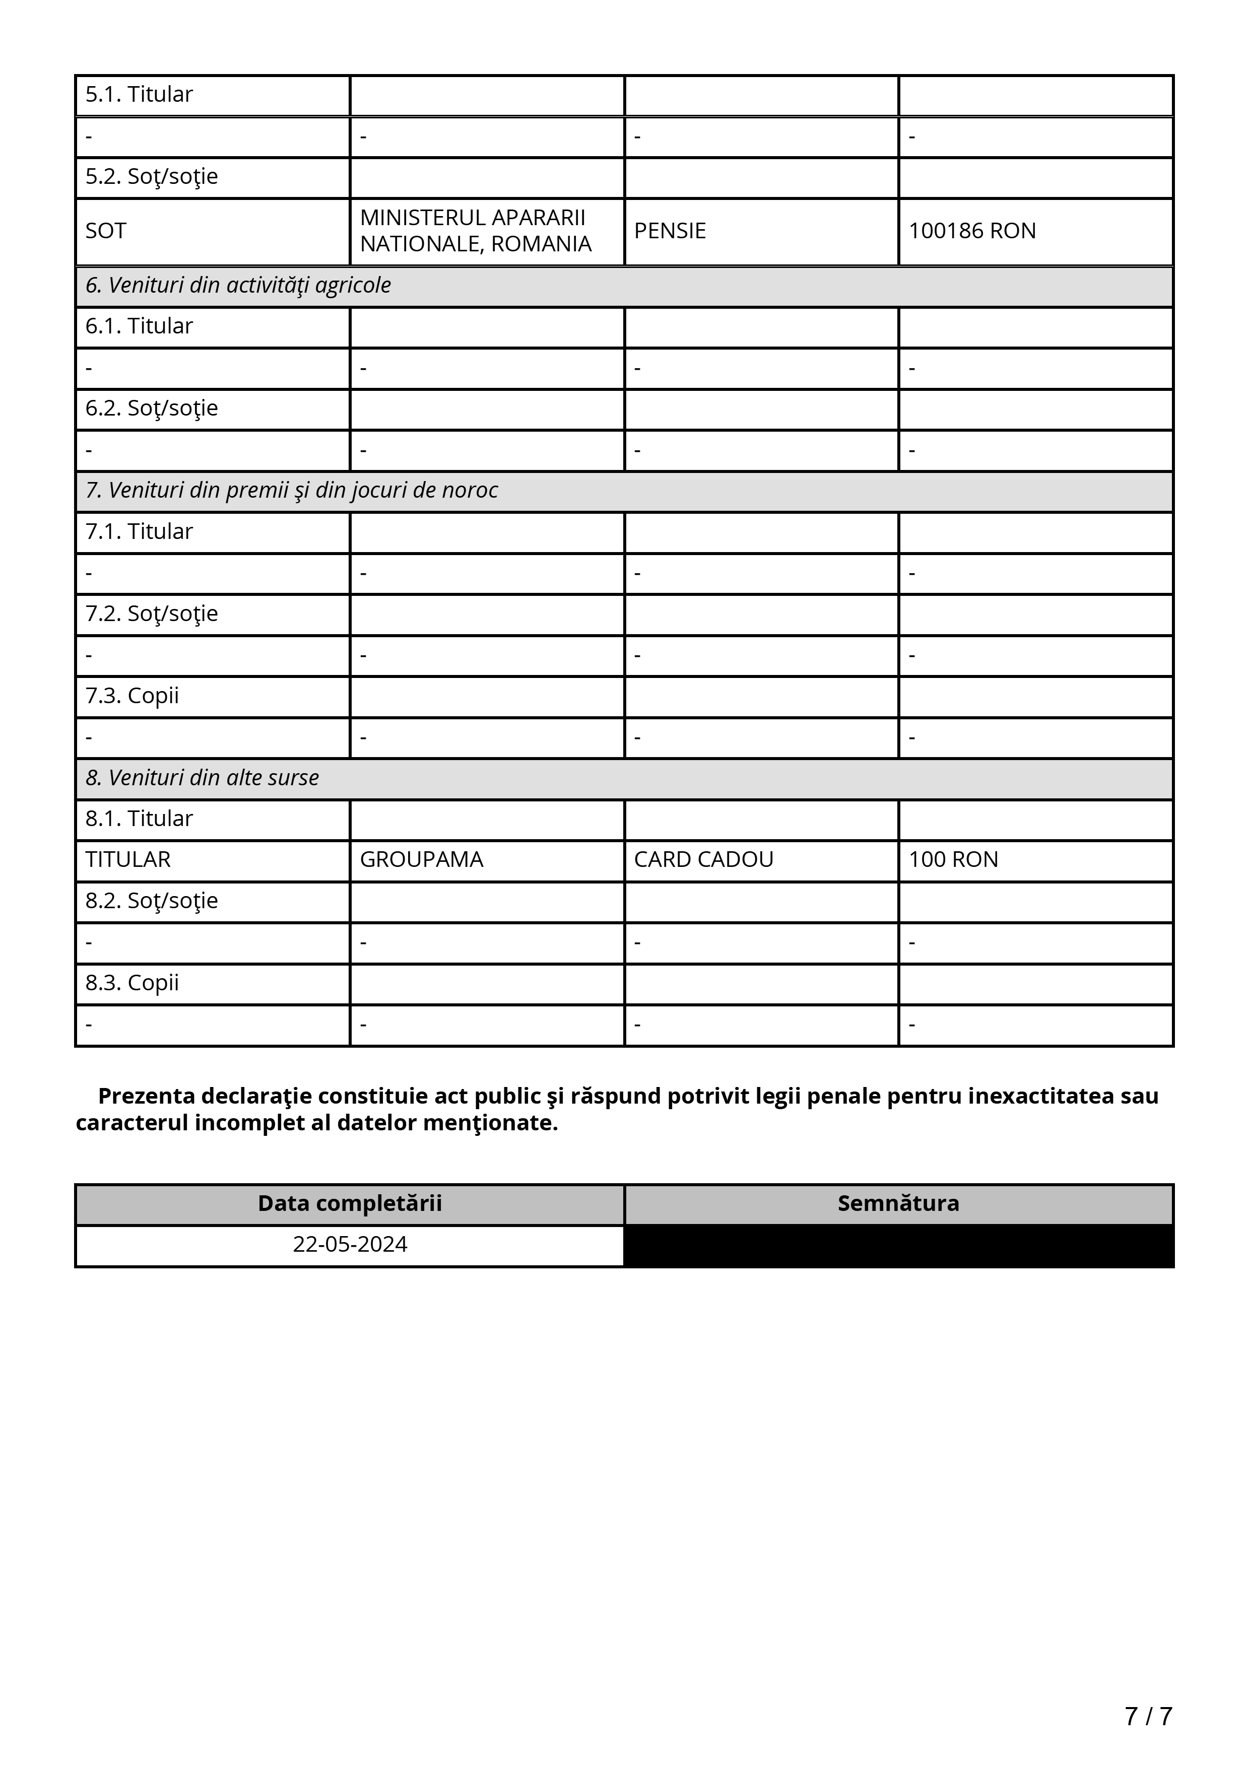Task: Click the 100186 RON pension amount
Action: pos(971,231)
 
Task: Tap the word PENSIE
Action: pos(670,231)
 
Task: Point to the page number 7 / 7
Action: pos(1147,1716)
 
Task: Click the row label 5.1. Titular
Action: pos(139,95)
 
